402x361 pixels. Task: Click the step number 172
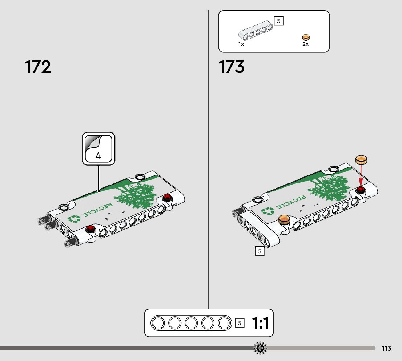38,67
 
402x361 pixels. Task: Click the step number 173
232,67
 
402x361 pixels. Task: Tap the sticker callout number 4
99,155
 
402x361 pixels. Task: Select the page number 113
386,349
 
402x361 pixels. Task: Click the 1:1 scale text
260,323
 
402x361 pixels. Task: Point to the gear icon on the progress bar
260,349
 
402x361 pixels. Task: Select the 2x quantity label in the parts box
305,44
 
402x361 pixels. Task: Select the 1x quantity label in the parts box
241,44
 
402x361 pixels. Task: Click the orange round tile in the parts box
306,37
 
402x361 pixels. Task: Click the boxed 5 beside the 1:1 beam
240,323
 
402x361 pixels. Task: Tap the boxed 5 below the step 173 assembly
260,251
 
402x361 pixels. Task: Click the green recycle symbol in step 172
74,219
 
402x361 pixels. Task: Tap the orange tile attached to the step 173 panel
284,219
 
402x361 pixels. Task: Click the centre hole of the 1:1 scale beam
191,323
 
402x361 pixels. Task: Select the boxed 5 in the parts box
278,21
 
